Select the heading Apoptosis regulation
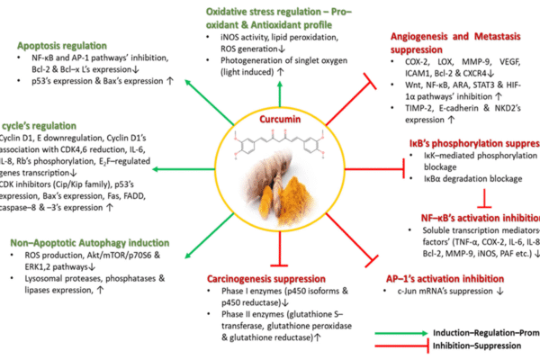point(62,43)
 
